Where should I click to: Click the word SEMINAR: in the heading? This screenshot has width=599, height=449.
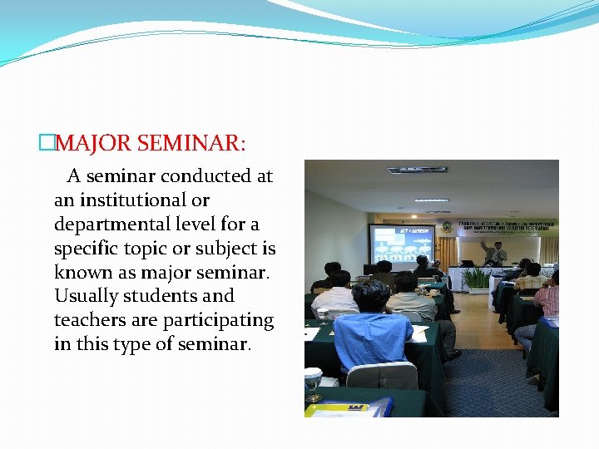point(191,143)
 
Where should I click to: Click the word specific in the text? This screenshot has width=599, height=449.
point(89,249)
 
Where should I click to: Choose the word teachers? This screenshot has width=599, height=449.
point(91,320)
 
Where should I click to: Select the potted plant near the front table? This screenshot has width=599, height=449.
point(477,279)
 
